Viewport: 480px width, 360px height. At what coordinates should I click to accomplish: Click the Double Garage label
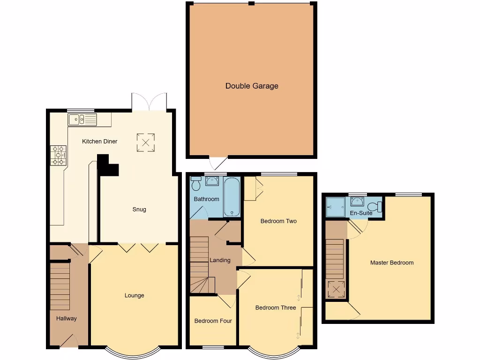coord(252,86)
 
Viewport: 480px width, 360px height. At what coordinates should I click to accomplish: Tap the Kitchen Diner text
coord(99,141)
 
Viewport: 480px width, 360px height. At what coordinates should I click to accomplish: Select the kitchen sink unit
coord(82,120)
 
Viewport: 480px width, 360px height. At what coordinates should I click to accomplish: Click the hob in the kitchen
coord(58,155)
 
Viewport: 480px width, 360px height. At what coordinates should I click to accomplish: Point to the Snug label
coord(139,209)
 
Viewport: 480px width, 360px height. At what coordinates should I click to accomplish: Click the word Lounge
coord(134,295)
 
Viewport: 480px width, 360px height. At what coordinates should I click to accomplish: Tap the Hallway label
coord(66,318)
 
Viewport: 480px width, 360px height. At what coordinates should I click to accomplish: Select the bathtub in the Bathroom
coord(232,196)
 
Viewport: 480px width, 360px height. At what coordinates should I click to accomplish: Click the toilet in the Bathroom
coord(196,185)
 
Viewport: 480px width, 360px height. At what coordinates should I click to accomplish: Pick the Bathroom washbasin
coord(212,181)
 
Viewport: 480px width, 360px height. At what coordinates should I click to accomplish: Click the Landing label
coord(220,260)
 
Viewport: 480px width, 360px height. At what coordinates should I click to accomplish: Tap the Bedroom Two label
coord(278,221)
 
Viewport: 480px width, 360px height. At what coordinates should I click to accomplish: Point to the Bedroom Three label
coord(276,307)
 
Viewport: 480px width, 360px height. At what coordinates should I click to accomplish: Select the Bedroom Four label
coord(213,321)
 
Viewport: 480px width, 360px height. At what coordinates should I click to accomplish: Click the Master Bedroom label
coord(392,262)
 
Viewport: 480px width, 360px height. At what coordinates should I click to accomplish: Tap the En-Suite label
coord(361,213)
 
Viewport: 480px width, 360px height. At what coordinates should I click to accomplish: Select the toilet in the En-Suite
coord(375,206)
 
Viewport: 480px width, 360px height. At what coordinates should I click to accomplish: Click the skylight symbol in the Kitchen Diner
coord(145,142)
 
